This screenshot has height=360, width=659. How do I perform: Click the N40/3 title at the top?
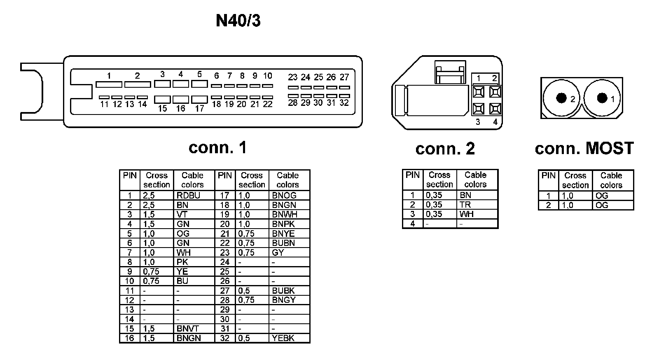point(238,21)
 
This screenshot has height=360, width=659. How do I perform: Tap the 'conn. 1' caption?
point(217,147)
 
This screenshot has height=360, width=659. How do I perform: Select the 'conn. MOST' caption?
point(584,148)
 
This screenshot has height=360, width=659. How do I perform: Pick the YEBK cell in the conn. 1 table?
point(283,338)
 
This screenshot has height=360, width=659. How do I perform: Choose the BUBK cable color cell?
point(283,290)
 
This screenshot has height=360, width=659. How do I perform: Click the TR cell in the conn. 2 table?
point(465,205)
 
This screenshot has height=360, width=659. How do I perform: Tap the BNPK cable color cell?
point(283,224)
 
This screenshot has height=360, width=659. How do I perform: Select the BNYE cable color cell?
point(283,234)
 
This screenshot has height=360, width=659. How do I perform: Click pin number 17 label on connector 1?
point(199,109)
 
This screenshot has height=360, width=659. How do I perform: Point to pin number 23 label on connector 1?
point(292,77)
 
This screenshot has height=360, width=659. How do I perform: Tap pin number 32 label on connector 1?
point(344,103)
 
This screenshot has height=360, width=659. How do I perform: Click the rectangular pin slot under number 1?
point(109,84)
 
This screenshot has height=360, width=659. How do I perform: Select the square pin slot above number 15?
point(162,99)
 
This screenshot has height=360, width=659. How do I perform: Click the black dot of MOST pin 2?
point(561,98)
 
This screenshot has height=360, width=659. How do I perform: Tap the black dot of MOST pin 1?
point(602,98)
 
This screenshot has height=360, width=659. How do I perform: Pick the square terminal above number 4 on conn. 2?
point(495,108)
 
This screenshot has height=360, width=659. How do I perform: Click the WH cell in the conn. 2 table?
point(467,214)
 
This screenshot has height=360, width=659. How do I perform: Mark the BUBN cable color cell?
point(283,243)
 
